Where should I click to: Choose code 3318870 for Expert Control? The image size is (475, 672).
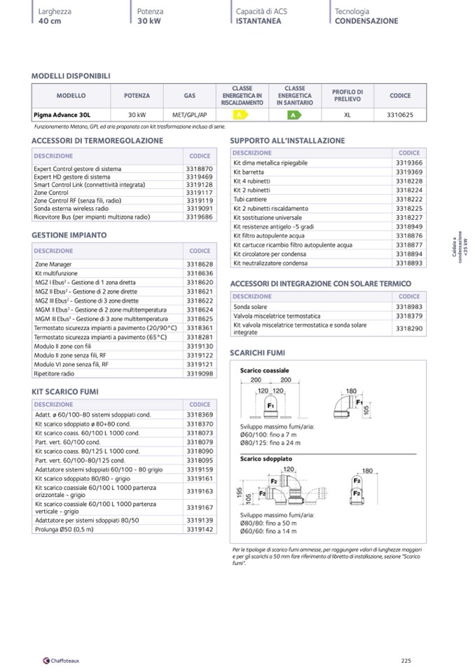pyautogui.click(x=199, y=169)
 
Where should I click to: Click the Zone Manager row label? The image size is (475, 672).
pyautogui.click(x=53, y=264)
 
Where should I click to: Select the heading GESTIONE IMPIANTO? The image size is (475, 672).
pyautogui.click(x=69, y=235)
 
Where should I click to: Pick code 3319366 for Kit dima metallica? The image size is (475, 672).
pyautogui.click(x=408, y=163)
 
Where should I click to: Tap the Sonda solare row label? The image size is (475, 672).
pyautogui.click(x=250, y=307)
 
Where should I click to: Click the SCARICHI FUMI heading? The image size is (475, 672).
pyautogui.click(x=257, y=352)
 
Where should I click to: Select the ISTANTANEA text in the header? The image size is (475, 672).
pyautogui.click(x=259, y=21)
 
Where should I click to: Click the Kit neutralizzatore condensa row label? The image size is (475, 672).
pyautogui.click(x=270, y=263)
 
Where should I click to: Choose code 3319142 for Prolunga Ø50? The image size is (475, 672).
pyautogui.click(x=199, y=530)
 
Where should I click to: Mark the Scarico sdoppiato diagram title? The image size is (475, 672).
pyautogui.click(x=266, y=458)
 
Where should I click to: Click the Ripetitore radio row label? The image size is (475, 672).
pyautogui.click(x=54, y=373)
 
